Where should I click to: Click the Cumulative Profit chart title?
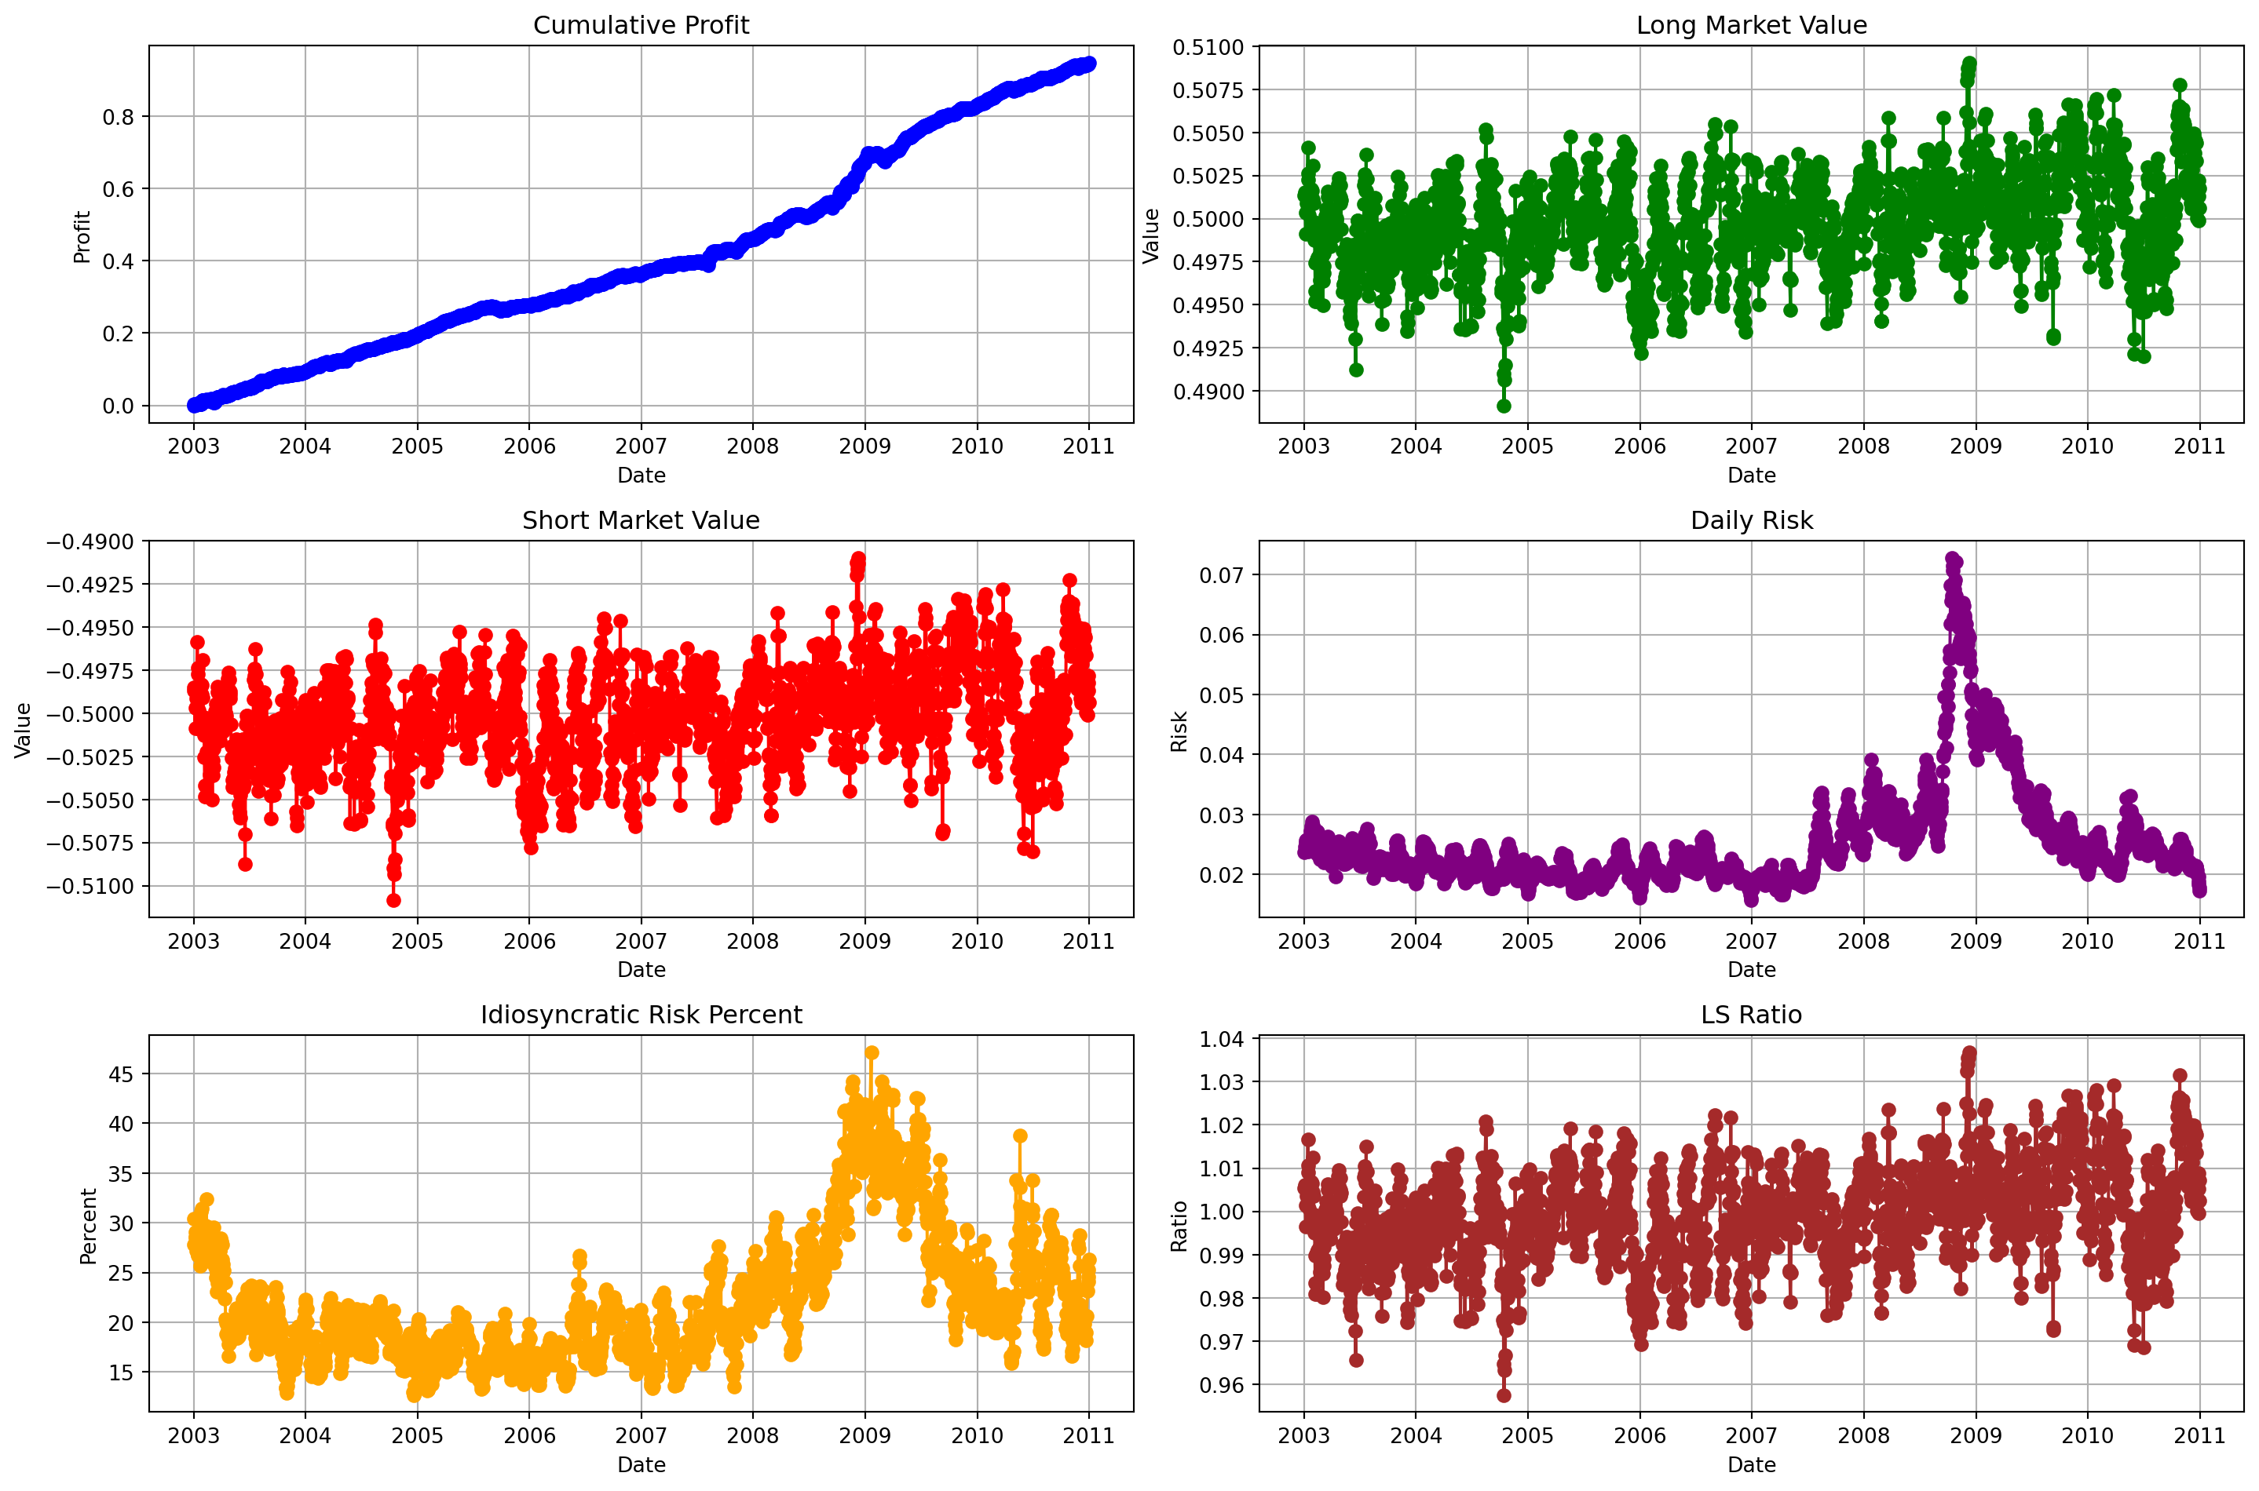coord(640,25)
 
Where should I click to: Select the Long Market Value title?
coord(1750,25)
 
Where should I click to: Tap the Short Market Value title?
coord(640,520)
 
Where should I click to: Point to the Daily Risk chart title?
coord(1750,520)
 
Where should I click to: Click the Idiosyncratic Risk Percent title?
coord(640,1015)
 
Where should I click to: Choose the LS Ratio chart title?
coord(1750,1015)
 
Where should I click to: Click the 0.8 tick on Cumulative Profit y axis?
coord(118,117)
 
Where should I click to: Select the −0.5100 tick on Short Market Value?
coord(90,886)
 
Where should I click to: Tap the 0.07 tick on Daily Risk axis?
coord(1221,575)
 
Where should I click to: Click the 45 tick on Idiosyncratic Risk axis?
coord(121,1074)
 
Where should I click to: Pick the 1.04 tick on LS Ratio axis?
coord(1221,1039)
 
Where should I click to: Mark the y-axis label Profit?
coord(82,236)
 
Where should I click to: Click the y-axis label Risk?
coord(1179,731)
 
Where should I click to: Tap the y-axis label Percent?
coord(89,1226)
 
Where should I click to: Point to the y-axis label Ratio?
coord(1179,1226)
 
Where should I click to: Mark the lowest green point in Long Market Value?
coord(1504,406)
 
